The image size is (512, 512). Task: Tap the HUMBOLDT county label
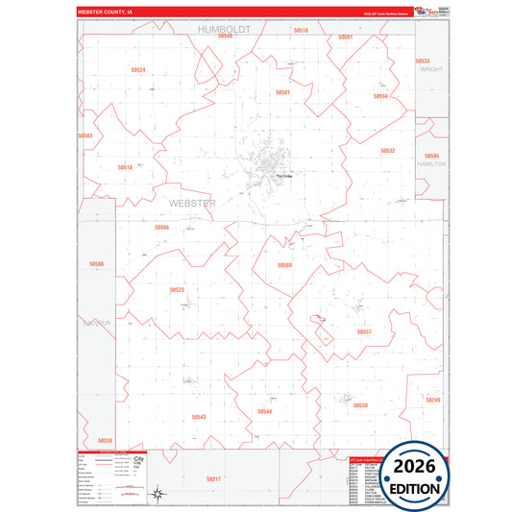[x=224, y=30]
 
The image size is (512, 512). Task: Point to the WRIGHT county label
[x=431, y=69]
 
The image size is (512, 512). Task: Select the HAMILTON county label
[x=431, y=164]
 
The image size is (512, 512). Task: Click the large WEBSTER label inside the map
[x=192, y=204]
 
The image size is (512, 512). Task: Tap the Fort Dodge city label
[x=284, y=176]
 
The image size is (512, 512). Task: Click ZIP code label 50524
[x=137, y=70]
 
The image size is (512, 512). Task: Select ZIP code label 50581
[x=282, y=92]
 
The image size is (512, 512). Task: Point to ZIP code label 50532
[x=388, y=151]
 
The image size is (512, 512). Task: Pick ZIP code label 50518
[x=125, y=167]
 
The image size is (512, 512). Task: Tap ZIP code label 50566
[x=161, y=228]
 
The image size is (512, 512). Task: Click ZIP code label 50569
[x=284, y=265]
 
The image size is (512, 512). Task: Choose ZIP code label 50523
[x=177, y=289]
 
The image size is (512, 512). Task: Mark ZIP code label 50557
[x=364, y=331]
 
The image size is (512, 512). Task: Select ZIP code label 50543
[x=199, y=417]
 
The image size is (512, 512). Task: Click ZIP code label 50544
[x=264, y=411]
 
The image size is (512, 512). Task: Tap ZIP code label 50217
[x=213, y=478]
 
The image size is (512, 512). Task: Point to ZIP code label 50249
[x=433, y=400]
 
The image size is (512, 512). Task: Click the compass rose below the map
[x=156, y=495]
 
